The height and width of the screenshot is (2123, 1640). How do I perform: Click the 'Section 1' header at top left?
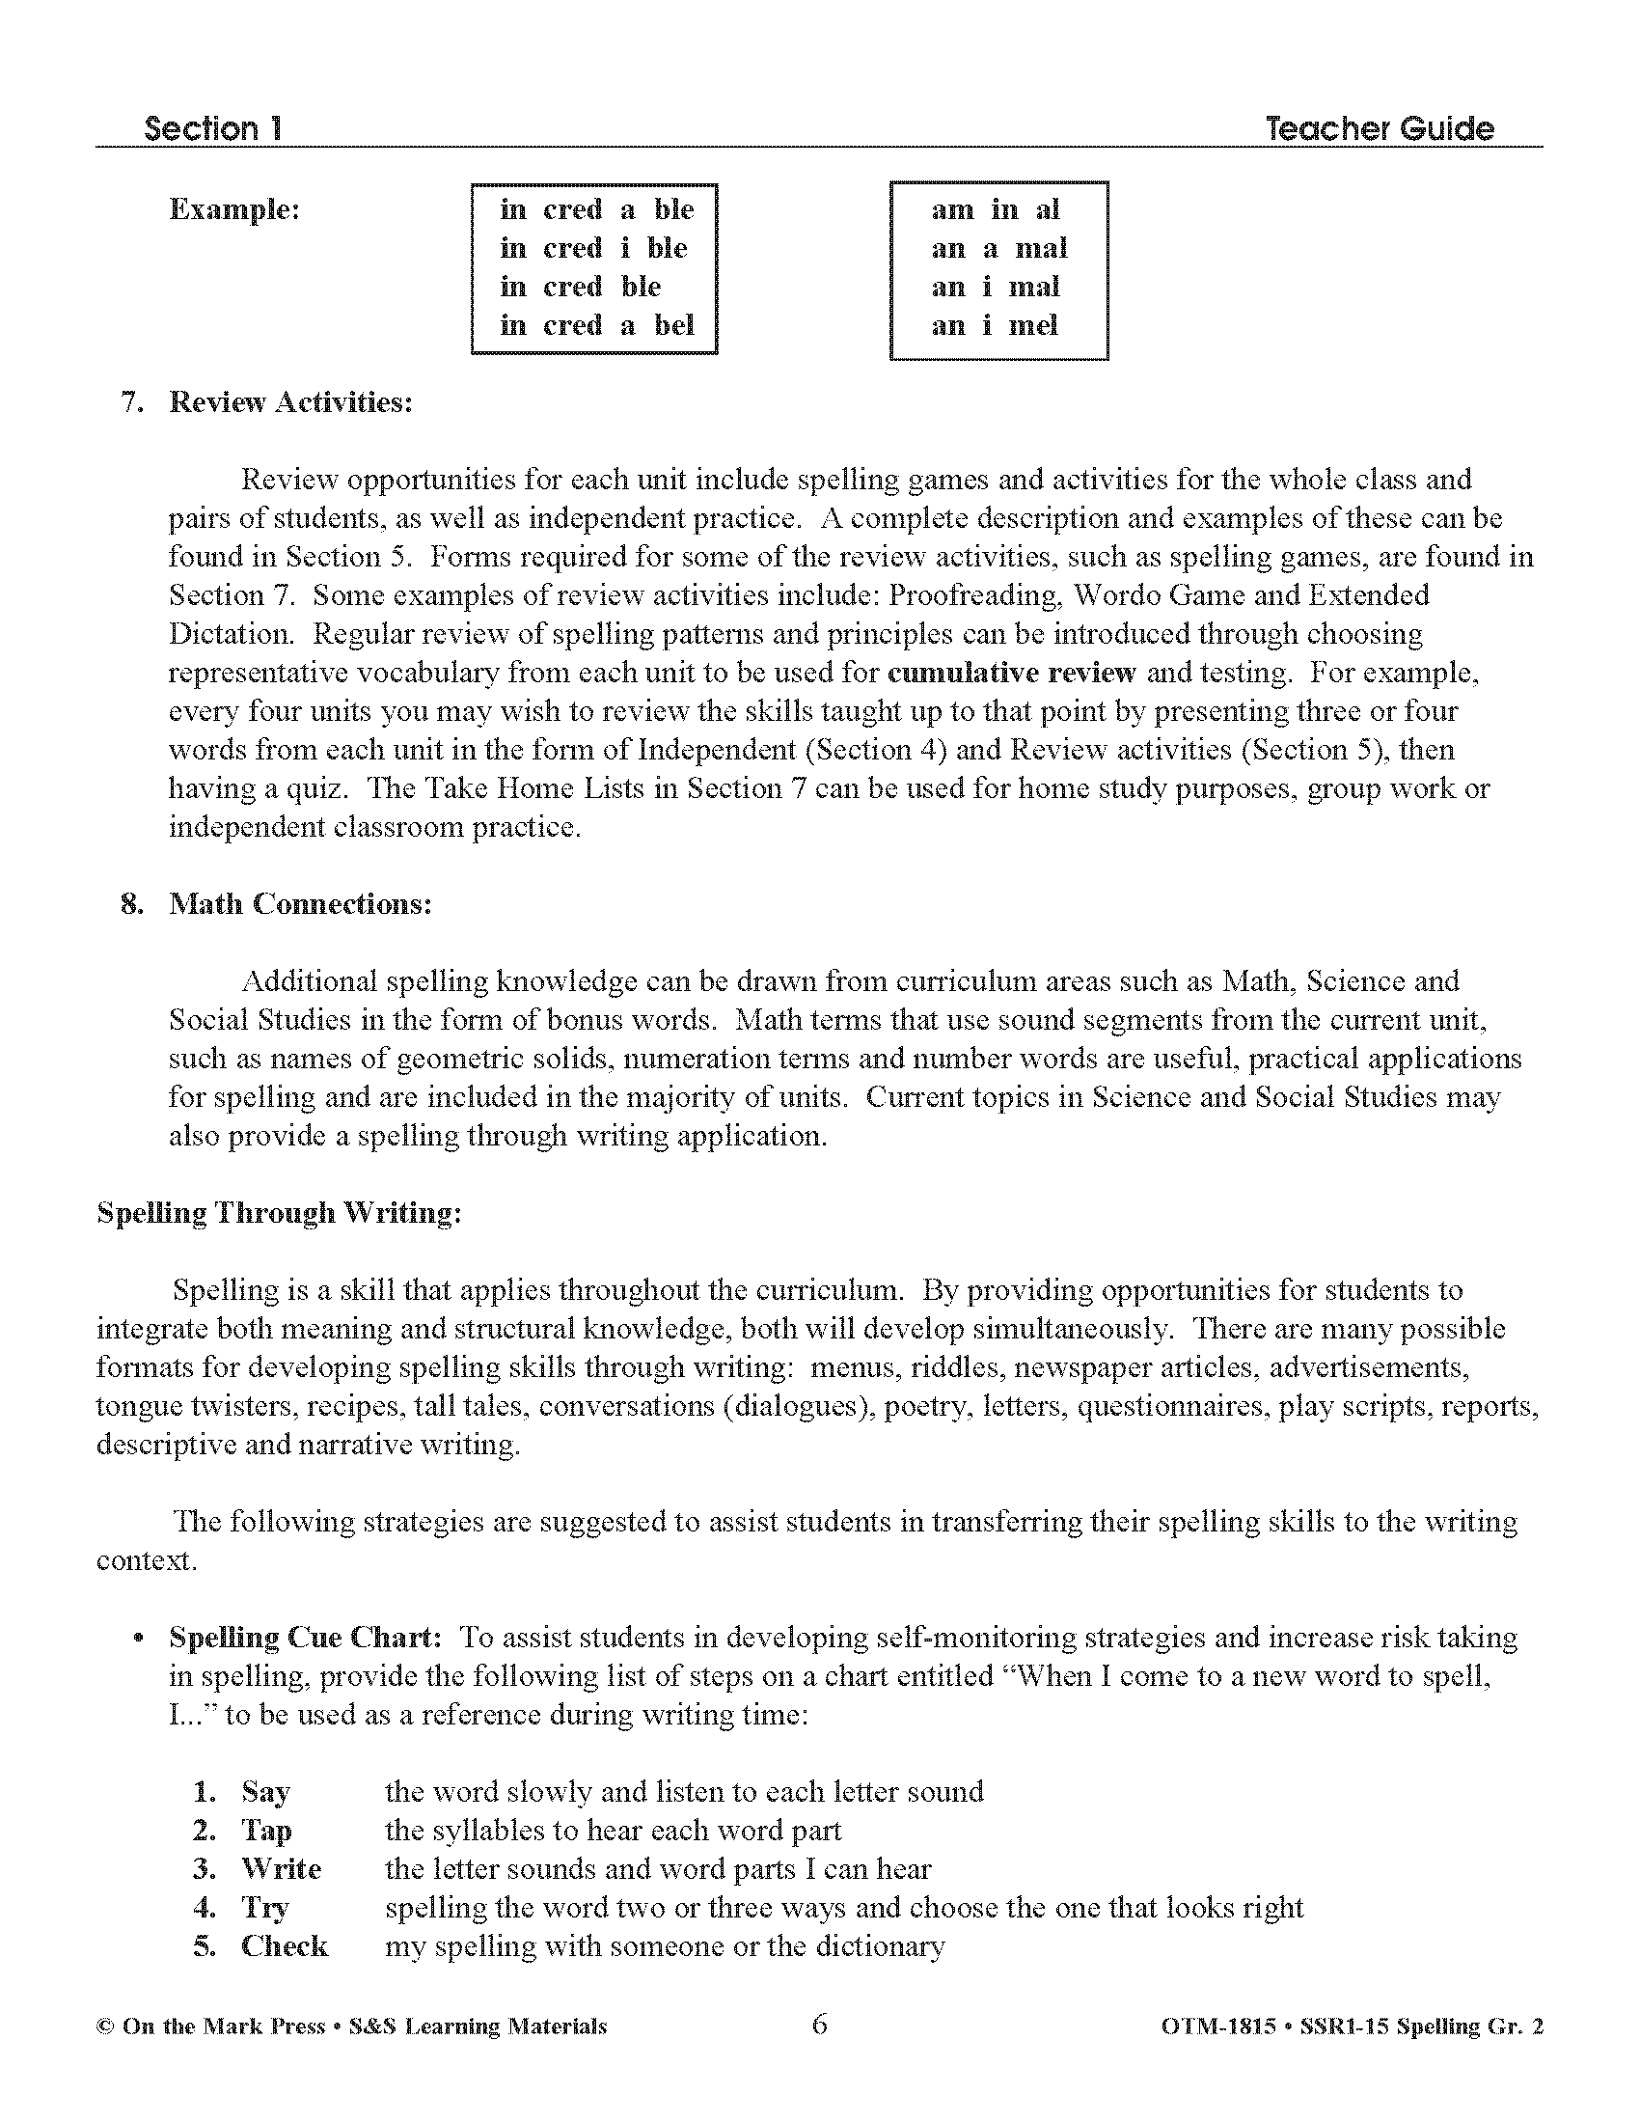click(x=213, y=128)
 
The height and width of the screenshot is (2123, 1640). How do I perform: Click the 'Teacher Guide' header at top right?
click(x=1379, y=128)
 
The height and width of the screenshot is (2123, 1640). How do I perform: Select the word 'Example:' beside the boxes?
click(x=234, y=209)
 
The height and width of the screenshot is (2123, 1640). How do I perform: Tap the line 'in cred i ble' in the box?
click(x=592, y=248)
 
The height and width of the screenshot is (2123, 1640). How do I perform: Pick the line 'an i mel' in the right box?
click(x=994, y=325)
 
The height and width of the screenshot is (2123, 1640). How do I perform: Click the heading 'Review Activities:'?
click(x=290, y=402)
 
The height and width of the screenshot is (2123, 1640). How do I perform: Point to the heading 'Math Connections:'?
click(x=300, y=904)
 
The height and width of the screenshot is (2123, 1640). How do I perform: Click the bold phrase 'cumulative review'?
click(x=1011, y=673)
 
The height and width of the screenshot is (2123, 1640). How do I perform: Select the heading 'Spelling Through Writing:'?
click(x=279, y=1213)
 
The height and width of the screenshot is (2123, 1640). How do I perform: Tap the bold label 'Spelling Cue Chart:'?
click(x=306, y=1638)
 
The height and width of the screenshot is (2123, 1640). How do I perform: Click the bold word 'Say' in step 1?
click(x=265, y=1792)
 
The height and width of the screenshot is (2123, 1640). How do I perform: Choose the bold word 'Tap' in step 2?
click(x=266, y=1831)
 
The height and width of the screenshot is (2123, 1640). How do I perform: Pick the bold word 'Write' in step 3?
click(x=281, y=1869)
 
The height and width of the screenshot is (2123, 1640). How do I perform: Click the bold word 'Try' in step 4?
click(x=264, y=1908)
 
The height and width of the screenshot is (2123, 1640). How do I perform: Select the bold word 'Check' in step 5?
click(x=284, y=1947)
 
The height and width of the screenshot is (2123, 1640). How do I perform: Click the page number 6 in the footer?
click(x=819, y=2025)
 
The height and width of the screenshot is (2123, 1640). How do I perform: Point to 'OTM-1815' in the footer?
click(x=1217, y=2026)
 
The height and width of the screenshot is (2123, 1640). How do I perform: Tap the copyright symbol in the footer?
click(x=105, y=2026)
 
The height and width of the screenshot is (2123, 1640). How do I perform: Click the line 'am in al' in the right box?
click(x=994, y=209)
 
